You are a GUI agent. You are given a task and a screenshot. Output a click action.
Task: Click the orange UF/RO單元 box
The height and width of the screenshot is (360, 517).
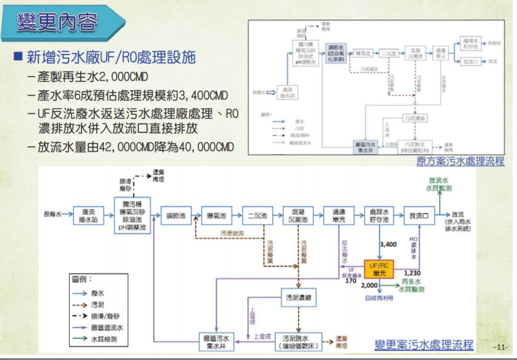click(x=378, y=269)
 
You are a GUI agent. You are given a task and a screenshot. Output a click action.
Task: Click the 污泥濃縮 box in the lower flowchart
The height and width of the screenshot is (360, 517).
click(x=299, y=297)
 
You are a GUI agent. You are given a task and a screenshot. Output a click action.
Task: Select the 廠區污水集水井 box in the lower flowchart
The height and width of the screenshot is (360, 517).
click(x=216, y=341)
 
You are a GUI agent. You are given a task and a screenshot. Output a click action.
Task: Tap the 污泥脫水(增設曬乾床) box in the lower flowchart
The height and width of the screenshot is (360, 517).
click(x=299, y=341)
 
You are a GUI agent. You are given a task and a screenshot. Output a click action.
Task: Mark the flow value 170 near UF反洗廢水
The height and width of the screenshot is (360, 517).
click(x=351, y=280)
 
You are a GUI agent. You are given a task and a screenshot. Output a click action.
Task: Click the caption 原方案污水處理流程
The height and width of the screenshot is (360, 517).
click(x=460, y=161)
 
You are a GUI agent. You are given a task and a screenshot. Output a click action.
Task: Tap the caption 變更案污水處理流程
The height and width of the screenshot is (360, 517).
click(x=424, y=345)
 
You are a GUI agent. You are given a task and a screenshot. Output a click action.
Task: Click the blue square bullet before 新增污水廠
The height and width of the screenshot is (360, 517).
click(x=18, y=57)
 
